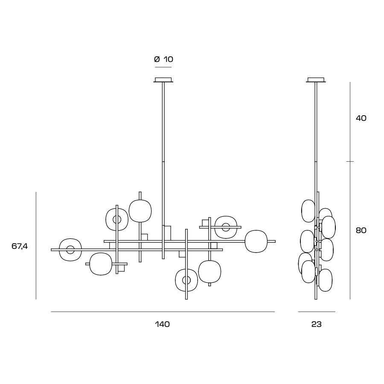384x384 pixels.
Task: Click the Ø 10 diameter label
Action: tap(163, 59)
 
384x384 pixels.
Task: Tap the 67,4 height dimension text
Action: tap(20, 246)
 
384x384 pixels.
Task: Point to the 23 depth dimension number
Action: tap(317, 324)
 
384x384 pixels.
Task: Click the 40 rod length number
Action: tap(361, 118)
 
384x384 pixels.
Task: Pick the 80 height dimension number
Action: tap(361, 230)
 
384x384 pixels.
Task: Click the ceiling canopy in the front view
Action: tap(163, 80)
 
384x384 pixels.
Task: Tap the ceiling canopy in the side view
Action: tap(316, 80)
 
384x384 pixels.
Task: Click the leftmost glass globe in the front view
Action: tap(59, 250)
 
